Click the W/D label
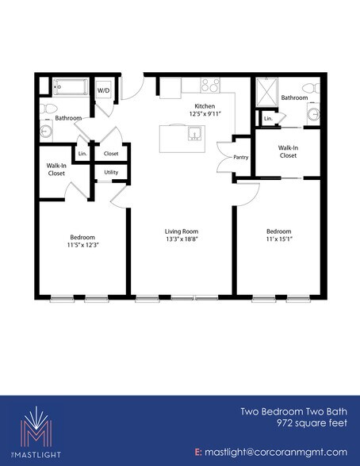click(103, 91)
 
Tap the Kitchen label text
click(205, 105)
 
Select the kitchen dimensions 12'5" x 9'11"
click(205, 114)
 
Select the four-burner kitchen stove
click(210, 84)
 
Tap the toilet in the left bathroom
click(49, 108)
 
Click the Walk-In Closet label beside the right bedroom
click(288, 151)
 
